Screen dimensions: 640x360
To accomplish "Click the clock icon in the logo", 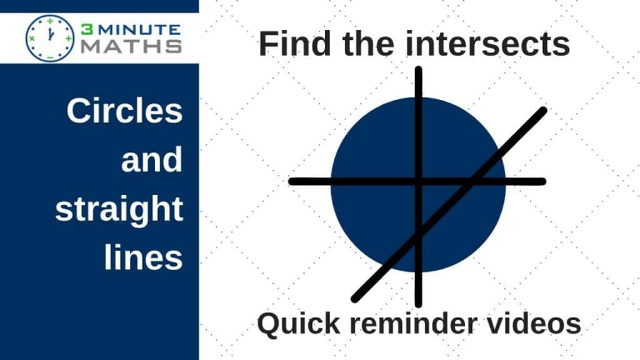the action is tap(50, 38).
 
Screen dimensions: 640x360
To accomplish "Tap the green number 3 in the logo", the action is tap(87, 29).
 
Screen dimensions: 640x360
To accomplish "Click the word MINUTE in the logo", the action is tap(139, 30).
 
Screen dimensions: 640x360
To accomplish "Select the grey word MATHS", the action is tap(131, 46).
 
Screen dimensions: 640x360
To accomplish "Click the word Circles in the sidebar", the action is tap(124, 111).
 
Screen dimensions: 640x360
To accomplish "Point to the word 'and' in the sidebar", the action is tap(152, 160).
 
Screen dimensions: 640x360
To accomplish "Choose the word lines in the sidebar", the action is tap(143, 257).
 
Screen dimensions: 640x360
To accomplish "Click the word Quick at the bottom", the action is tap(299, 324).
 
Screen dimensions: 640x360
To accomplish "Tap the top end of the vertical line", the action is tap(418, 69).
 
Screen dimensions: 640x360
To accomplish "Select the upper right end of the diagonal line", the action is tap(544, 110).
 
